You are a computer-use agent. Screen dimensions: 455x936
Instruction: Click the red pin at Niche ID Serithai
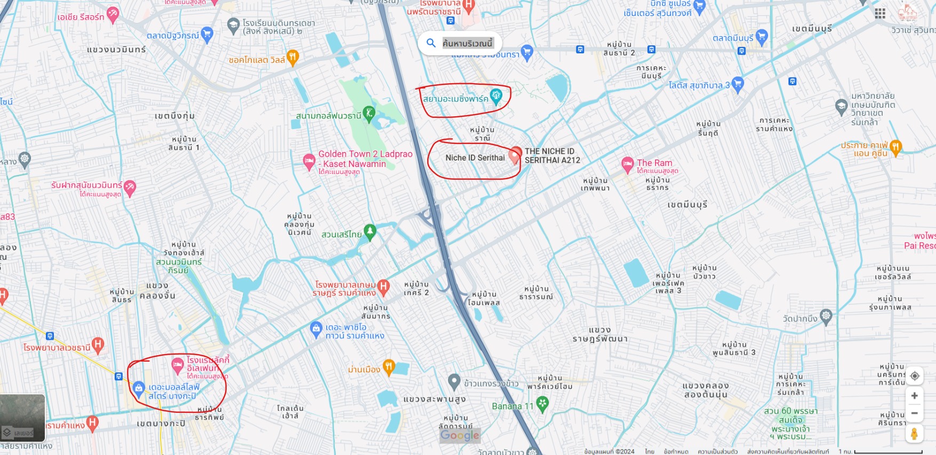click(515, 155)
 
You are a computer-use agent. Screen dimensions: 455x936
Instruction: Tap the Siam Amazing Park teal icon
click(496, 97)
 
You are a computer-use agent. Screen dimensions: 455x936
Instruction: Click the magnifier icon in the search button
click(431, 43)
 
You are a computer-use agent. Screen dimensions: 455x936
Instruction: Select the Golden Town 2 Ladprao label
click(365, 154)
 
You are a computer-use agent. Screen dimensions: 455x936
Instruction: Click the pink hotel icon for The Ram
click(628, 164)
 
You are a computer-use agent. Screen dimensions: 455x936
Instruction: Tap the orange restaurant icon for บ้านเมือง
click(389, 367)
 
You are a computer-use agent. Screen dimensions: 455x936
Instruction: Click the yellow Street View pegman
click(914, 433)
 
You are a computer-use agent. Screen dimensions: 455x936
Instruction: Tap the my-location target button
click(914, 376)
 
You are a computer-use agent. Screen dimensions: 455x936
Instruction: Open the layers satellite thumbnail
click(22, 418)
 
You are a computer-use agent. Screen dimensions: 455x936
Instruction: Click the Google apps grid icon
click(880, 13)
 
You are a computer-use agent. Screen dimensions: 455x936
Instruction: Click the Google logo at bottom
click(460, 435)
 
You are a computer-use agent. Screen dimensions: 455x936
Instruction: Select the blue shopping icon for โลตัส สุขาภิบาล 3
click(738, 84)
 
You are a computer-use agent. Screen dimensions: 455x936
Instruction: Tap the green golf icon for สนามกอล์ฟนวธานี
click(369, 114)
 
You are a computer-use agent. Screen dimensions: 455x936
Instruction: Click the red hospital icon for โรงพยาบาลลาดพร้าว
click(98, 345)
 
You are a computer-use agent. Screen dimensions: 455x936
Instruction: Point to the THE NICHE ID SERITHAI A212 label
click(552, 156)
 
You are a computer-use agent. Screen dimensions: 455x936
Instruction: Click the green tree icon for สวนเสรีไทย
click(370, 232)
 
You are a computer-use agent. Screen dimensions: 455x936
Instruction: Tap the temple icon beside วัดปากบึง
click(826, 316)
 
